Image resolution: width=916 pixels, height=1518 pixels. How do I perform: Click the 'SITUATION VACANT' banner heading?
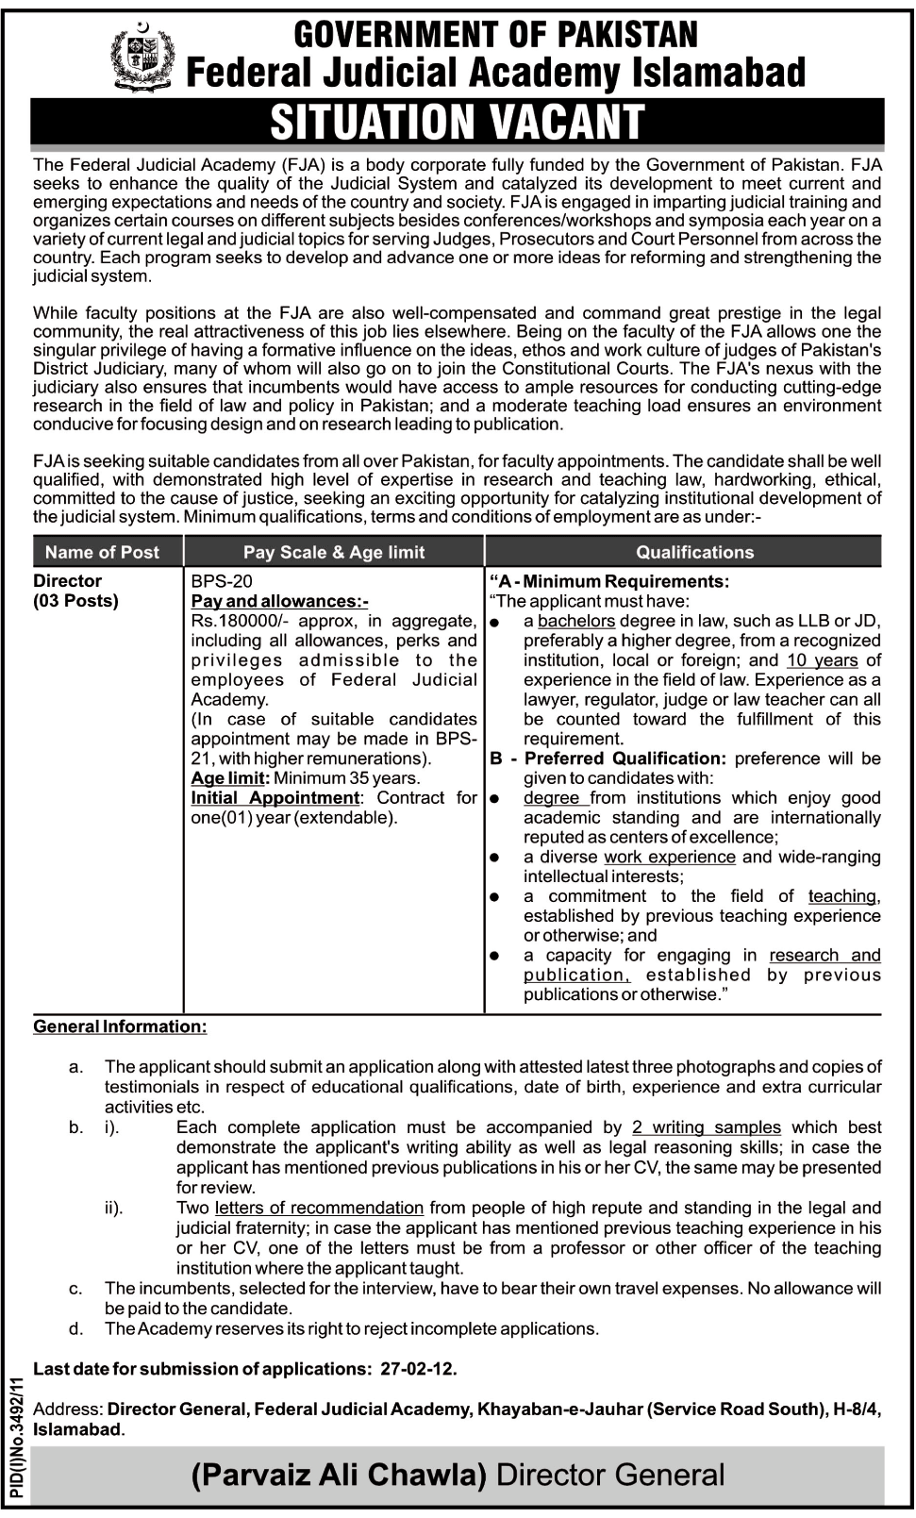point(458,122)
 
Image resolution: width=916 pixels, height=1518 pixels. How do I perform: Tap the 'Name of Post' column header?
point(102,552)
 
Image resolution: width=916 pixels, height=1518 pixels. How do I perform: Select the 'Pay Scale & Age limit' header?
point(334,552)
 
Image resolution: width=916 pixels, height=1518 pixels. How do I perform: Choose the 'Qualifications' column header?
point(694,552)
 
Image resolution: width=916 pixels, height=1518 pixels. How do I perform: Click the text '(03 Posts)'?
point(76,601)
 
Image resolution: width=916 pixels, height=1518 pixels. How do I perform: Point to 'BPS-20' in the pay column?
point(222,581)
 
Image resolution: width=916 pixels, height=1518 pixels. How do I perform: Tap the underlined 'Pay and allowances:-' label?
point(280,601)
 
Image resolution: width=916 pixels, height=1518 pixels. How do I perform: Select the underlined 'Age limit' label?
point(230,778)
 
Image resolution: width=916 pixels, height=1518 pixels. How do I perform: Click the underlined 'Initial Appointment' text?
point(275,798)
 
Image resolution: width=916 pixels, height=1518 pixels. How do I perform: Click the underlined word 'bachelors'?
point(575,621)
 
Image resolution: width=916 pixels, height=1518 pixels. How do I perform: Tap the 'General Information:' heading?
point(120,1026)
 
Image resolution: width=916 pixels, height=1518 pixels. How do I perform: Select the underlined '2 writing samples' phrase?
point(707,1127)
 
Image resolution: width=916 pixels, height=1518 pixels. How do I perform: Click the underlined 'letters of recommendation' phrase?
point(319,1208)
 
